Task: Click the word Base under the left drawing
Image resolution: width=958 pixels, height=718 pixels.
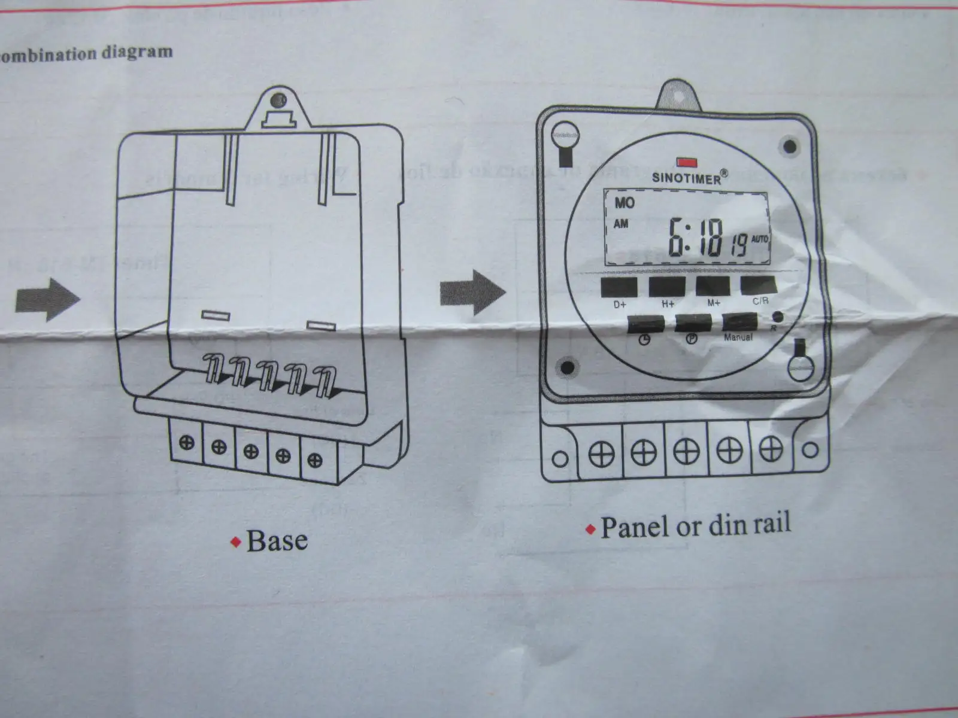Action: (x=277, y=541)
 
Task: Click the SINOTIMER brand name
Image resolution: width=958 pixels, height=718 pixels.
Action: (x=687, y=177)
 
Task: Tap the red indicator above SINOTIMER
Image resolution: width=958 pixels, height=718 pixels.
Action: (x=684, y=162)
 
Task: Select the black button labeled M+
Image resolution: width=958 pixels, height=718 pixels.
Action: (x=713, y=287)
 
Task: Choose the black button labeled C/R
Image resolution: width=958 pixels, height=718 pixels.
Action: (x=759, y=285)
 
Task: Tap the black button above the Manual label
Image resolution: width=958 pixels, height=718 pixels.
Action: (x=739, y=323)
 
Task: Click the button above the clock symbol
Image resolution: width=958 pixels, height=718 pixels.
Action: (x=645, y=325)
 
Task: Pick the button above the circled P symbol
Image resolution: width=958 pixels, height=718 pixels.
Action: (x=693, y=324)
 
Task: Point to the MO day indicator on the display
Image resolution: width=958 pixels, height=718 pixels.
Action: (x=624, y=203)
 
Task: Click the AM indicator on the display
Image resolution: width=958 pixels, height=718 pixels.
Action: (x=621, y=224)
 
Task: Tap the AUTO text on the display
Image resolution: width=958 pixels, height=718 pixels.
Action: (x=759, y=239)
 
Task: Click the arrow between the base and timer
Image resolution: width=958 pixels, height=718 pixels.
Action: (x=472, y=293)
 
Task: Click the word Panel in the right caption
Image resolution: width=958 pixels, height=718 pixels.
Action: (x=635, y=528)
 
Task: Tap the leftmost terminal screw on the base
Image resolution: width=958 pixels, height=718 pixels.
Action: (x=187, y=443)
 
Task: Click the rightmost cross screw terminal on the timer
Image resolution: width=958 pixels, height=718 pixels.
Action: (x=771, y=449)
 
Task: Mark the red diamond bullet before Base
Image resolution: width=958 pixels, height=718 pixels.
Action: (x=236, y=542)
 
